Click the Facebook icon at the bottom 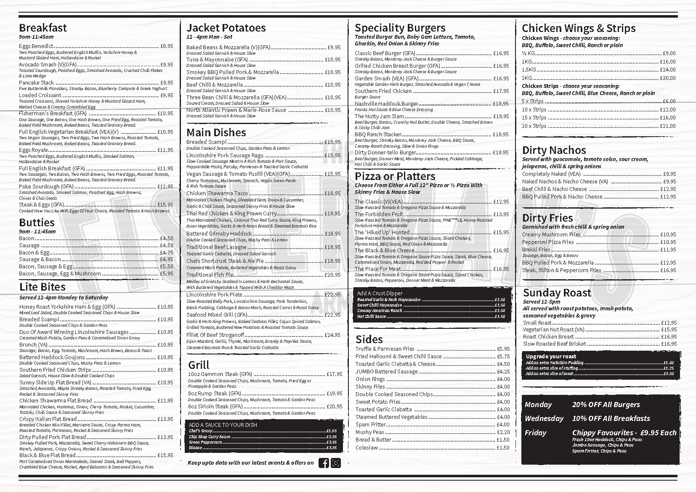point(324,463)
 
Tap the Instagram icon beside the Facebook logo point(336,463)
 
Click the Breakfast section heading point(43,28)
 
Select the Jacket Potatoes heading point(226,28)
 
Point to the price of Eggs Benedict point(167,46)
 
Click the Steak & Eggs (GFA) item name point(41,205)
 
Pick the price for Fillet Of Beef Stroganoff point(332,335)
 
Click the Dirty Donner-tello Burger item point(385,153)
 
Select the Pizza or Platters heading point(395,176)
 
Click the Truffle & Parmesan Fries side point(385,349)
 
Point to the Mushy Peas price point(503,432)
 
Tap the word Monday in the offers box point(538,405)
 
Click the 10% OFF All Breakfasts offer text point(611,418)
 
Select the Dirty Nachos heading point(554,150)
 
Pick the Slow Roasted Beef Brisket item point(554,344)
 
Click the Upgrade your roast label point(551,357)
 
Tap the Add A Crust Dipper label point(380,294)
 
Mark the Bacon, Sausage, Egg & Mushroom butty point(60,274)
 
